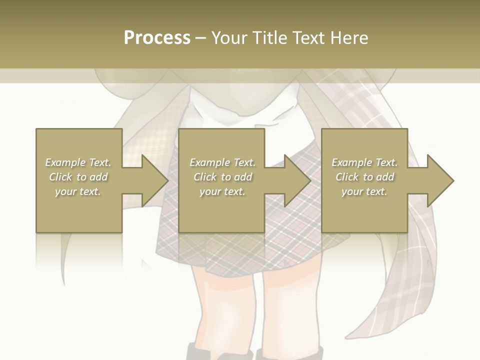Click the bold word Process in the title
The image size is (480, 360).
pos(157,38)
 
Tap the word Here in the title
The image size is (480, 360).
pos(350,38)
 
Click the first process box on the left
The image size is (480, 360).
pos(79,210)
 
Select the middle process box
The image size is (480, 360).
pos(221,210)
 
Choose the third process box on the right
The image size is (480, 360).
pos(364,210)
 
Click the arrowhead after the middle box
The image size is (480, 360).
pos(297,180)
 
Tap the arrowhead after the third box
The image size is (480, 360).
pos(440,180)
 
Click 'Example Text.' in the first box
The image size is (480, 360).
pos(78,162)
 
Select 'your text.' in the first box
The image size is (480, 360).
pos(78,191)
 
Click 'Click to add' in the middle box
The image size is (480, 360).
pos(222,177)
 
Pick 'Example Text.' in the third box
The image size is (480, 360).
pos(364,162)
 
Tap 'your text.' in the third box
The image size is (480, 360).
pos(364,191)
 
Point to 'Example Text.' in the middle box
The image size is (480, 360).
pos(222,162)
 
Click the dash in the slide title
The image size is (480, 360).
pos(200,38)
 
